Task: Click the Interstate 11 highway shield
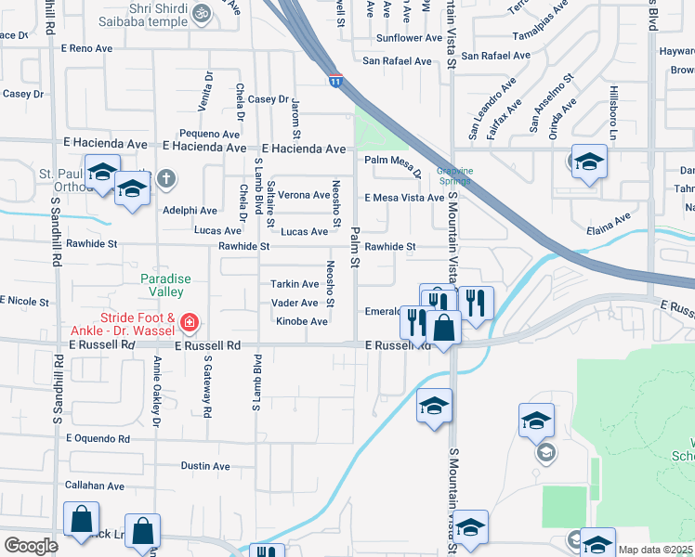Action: (x=334, y=82)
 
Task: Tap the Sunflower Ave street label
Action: (x=408, y=38)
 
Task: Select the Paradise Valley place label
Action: (x=165, y=285)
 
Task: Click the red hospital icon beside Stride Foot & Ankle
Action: (x=190, y=323)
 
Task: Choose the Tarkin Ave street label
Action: (x=295, y=284)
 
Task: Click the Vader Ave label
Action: (x=295, y=303)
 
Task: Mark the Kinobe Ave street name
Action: (x=301, y=321)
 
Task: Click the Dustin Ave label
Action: (x=205, y=466)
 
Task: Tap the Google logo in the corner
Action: (x=31, y=546)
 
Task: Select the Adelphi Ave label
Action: (x=190, y=211)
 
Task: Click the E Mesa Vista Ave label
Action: (x=404, y=198)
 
